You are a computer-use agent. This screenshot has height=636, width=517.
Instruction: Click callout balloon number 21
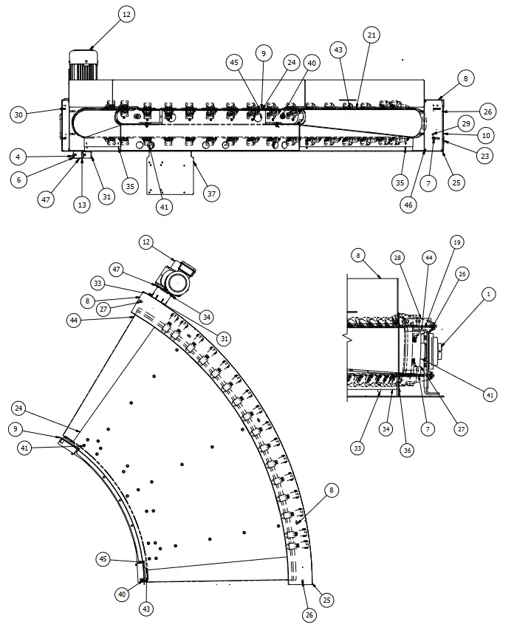[x=372, y=35]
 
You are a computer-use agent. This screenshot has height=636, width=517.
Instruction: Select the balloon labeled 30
[x=19, y=114]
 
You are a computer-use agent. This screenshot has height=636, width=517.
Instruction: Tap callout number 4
[x=19, y=157]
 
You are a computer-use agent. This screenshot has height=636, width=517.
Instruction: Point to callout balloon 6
[x=19, y=179]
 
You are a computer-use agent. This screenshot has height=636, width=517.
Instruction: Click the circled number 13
[x=82, y=205]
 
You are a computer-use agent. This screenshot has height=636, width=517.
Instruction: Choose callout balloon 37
[x=212, y=194]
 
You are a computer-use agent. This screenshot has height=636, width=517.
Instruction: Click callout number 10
[x=485, y=135]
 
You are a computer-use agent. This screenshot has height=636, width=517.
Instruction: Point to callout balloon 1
[x=488, y=293]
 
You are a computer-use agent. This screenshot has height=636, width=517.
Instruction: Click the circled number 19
[x=457, y=242]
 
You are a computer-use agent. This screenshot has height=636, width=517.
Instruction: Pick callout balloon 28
[x=397, y=257]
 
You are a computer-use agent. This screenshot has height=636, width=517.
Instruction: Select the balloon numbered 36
[x=406, y=448]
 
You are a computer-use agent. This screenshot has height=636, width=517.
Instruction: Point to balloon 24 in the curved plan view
[x=19, y=408]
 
